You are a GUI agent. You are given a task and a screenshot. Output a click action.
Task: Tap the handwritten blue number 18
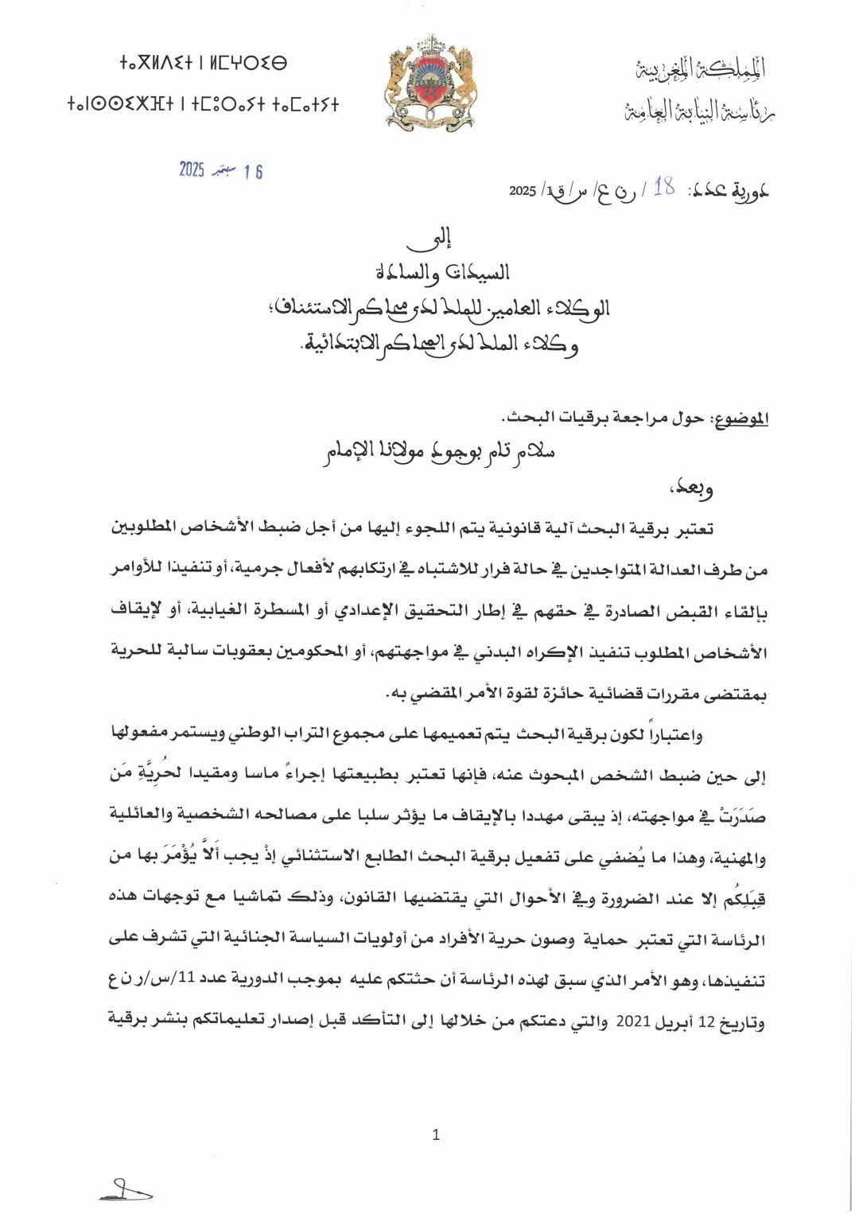pos(665,189)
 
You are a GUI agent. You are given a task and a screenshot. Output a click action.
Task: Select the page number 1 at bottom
pos(435,1135)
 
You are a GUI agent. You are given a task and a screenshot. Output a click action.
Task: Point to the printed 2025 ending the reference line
pos(523,193)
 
